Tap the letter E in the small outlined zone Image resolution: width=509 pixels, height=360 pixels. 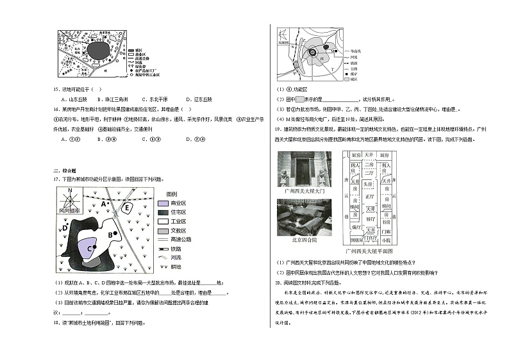126,208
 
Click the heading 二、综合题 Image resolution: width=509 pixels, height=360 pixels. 65,170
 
